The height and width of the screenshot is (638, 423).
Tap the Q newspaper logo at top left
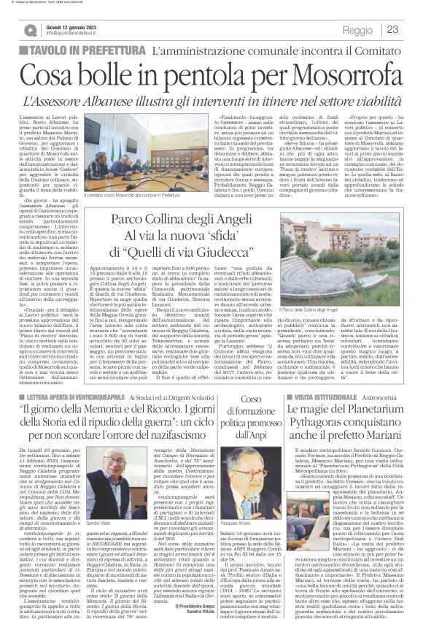click(x=30, y=30)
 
